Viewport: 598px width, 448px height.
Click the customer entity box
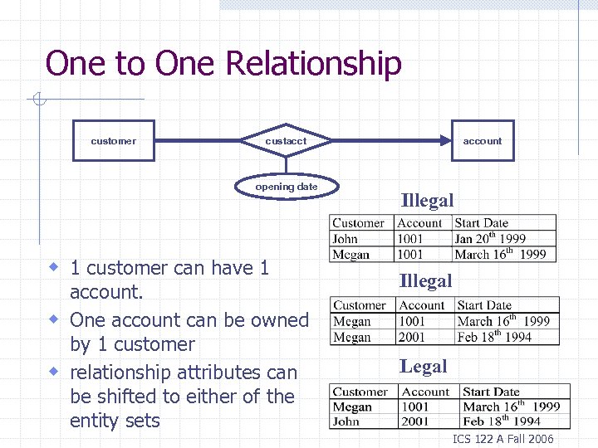tap(114, 141)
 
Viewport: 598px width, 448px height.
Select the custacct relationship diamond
tap(286, 141)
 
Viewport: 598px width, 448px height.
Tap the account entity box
tap(483, 141)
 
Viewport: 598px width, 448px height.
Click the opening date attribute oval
tap(287, 187)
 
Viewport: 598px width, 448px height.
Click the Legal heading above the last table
tap(423, 366)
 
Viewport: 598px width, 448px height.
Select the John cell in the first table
tap(346, 239)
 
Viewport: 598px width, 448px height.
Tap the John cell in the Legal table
tap(346, 421)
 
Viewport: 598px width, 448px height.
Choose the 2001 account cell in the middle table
tap(412, 337)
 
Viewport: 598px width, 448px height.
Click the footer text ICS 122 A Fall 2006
tap(503, 439)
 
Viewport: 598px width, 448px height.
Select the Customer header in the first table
tap(359, 223)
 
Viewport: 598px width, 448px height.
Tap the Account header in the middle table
tap(422, 305)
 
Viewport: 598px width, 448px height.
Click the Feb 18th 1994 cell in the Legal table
tap(502, 421)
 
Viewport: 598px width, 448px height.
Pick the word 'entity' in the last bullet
tap(94, 421)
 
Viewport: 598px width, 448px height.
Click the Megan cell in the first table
tap(351, 255)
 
